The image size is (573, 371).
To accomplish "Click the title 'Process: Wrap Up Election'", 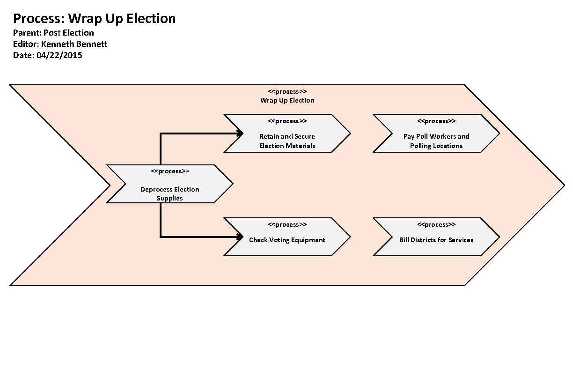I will click(94, 19).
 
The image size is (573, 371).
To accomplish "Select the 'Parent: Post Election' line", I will click(53, 33).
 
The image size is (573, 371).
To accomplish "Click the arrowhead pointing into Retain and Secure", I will click(240, 134).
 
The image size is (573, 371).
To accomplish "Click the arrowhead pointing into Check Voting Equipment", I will click(240, 237).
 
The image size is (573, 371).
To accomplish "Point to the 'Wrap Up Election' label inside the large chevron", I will click(287, 100).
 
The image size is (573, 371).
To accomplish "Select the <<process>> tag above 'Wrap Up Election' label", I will click(287, 91).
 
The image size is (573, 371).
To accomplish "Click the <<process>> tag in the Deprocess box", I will click(169, 171).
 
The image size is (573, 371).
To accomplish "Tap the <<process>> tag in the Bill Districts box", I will click(436, 224).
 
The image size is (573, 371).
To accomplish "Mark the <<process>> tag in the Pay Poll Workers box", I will click(436, 121).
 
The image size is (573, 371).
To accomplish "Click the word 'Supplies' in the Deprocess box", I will click(169, 198).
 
